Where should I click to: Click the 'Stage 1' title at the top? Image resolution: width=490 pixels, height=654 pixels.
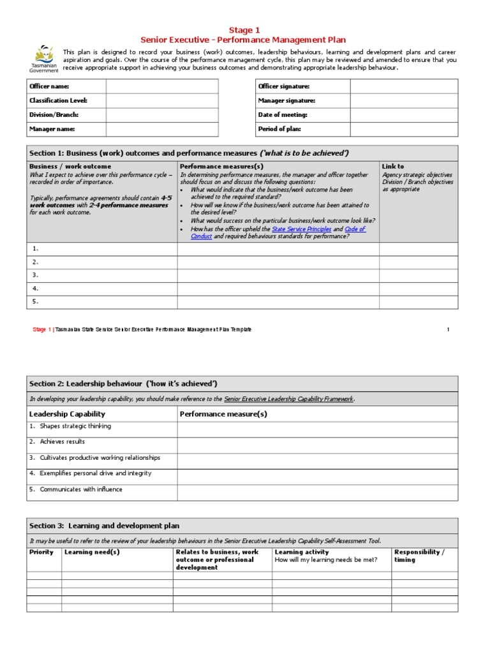coord(244,30)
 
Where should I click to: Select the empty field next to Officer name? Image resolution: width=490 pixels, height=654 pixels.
coord(161,86)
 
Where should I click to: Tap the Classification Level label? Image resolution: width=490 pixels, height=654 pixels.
coord(58,101)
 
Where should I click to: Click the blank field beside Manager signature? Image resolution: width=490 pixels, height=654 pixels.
coord(403,101)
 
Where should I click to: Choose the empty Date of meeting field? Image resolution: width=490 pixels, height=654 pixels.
coord(403,115)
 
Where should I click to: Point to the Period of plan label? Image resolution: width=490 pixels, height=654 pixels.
coord(279,129)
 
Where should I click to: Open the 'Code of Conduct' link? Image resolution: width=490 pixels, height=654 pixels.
coord(355,229)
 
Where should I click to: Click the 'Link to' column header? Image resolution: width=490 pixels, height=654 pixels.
coord(392,167)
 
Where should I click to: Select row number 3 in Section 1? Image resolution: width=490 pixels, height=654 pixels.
coord(36,275)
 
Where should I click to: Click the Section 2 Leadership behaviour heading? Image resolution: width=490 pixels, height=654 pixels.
coord(123,383)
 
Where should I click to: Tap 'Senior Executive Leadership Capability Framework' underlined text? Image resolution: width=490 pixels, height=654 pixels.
coord(288,399)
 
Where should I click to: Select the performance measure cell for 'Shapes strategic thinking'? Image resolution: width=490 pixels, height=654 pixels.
coord(317,429)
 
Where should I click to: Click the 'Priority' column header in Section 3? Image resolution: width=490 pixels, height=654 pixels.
coord(41,552)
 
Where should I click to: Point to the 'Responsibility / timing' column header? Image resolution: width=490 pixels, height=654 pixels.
coord(419,556)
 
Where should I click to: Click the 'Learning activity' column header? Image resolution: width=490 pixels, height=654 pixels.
coord(302,552)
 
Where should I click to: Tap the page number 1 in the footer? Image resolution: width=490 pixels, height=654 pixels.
coord(449,330)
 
